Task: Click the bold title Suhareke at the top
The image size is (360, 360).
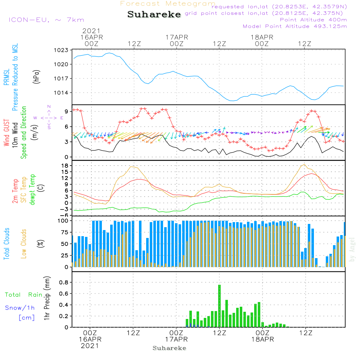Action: coord(154,14)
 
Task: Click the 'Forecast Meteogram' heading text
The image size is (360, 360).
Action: coord(168,4)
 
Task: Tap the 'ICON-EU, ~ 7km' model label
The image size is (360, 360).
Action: coord(46,20)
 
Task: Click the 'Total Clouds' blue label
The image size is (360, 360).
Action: coord(6,244)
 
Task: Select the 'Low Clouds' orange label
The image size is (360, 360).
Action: coord(24,244)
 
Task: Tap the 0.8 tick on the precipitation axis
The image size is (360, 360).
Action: coord(64,282)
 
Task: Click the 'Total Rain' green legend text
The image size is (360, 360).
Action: coord(24,295)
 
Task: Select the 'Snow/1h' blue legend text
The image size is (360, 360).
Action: coord(20,308)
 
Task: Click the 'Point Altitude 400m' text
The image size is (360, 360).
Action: coord(313,19)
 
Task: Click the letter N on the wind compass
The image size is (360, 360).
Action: coord(49,106)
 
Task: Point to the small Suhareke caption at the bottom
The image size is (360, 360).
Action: coord(169,348)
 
